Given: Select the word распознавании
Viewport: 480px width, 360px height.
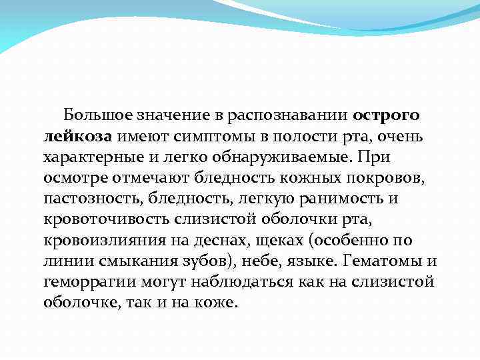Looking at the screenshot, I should tap(293, 115).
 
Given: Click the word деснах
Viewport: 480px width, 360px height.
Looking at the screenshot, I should tap(213, 241).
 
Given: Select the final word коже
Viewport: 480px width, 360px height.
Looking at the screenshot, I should tap(217, 303).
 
